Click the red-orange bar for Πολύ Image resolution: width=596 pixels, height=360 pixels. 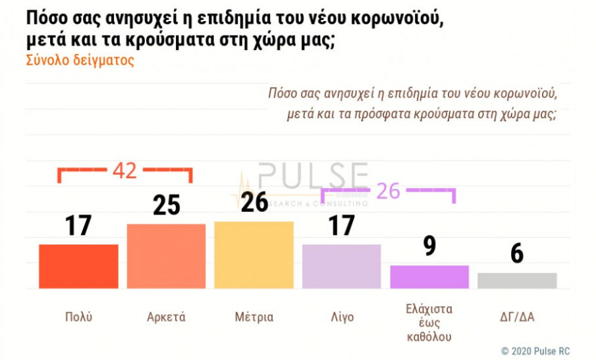click(x=78, y=266)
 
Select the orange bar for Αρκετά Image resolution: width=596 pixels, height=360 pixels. click(x=166, y=256)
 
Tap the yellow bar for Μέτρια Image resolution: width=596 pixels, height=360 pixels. click(x=254, y=255)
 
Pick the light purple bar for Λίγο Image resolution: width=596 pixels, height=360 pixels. click(x=341, y=266)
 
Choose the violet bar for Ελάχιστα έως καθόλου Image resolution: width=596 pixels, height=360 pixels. click(x=429, y=276)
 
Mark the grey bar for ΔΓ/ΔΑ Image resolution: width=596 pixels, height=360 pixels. click(x=517, y=280)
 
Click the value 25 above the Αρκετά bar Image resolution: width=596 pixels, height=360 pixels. click(x=166, y=205)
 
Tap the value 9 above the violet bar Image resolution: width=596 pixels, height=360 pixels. click(x=429, y=246)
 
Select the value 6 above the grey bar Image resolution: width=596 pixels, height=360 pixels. click(x=517, y=253)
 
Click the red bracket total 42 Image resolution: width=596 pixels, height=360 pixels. click(x=124, y=171)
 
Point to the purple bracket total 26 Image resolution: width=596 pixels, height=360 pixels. click(x=389, y=191)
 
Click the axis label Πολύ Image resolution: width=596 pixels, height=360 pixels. click(x=79, y=317)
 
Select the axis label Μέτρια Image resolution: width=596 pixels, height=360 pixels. click(x=254, y=317)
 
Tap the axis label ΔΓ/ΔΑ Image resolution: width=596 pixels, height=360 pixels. click(x=517, y=317)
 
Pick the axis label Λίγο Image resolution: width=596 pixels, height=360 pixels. click(x=341, y=317)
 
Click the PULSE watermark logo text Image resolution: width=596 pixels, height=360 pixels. click(x=313, y=176)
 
